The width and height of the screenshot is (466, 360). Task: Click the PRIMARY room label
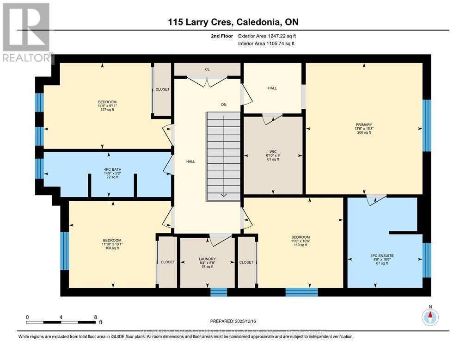(364, 124)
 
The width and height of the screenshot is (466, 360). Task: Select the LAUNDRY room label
(207, 259)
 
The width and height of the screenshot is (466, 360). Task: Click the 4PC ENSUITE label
(382, 255)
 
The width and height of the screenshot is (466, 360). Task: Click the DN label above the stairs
(224, 105)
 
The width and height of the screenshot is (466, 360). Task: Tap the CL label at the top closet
(208, 69)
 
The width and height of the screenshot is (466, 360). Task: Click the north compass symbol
(430, 317)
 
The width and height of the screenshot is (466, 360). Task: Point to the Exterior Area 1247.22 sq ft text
(266, 36)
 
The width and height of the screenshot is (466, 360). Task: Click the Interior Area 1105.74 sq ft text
(266, 43)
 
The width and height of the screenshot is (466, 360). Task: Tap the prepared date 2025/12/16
(233, 321)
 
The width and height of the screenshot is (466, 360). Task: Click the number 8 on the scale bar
(95, 317)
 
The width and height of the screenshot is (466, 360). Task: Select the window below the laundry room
(219, 292)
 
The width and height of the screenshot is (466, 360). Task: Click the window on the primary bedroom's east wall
(427, 125)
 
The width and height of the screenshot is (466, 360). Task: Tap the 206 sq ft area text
(364, 132)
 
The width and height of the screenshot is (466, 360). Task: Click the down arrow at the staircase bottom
(224, 193)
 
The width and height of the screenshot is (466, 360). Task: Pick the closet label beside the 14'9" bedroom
(162, 89)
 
